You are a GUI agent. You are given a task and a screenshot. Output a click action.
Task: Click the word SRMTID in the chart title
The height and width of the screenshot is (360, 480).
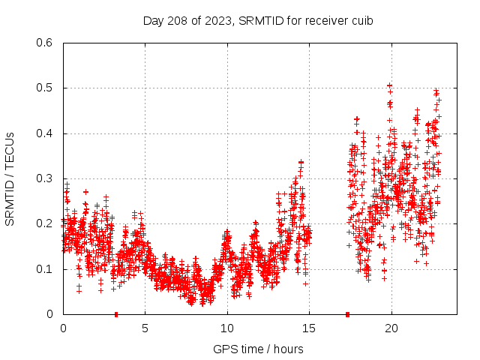[x=259, y=21]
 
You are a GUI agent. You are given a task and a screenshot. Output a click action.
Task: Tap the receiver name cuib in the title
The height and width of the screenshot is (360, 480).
[x=361, y=21]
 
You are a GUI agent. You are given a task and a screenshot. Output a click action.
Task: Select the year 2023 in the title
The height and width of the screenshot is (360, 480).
[x=217, y=21]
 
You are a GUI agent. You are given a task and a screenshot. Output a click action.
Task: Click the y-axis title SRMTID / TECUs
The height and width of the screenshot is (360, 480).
[x=10, y=179]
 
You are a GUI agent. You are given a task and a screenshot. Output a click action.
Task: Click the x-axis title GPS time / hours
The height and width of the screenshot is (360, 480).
[x=258, y=349]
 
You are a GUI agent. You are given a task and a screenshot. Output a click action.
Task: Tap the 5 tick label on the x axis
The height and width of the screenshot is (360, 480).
[x=145, y=328]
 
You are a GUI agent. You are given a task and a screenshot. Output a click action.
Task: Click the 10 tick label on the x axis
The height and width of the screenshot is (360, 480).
[x=227, y=328]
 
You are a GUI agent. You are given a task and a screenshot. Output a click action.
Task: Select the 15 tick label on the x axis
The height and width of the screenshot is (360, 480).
[x=309, y=328]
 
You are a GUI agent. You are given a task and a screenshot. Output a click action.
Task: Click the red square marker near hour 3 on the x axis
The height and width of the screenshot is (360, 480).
[x=116, y=314]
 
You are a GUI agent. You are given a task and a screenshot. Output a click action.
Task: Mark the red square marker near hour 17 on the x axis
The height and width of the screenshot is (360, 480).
[x=348, y=314]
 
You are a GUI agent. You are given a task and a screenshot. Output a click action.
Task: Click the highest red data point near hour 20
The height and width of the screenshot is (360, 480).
[x=389, y=85]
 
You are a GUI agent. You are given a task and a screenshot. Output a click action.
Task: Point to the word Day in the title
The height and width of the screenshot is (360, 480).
[x=153, y=21]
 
